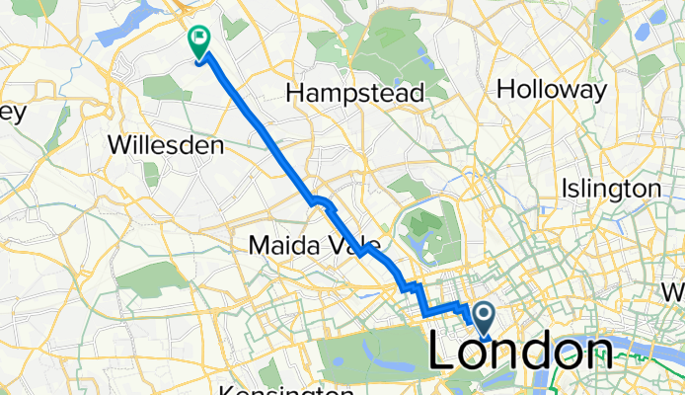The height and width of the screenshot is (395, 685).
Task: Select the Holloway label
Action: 552,90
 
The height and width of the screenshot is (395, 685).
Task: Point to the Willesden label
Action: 165,145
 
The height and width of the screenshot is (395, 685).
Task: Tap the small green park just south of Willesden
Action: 151,175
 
